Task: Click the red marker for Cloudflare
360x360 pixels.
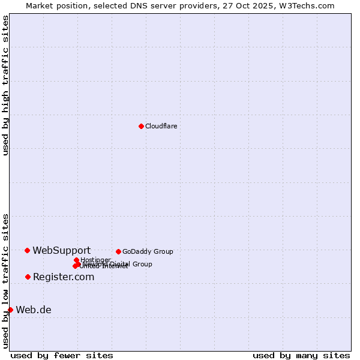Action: pos(141,126)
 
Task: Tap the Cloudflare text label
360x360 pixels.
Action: pos(161,126)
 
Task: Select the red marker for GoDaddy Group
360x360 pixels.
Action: pos(118,251)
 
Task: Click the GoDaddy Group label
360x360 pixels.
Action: pos(148,251)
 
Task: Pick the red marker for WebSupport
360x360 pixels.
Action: pos(28,250)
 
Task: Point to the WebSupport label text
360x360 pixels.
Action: pos(61,250)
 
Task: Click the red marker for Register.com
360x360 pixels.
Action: pos(28,277)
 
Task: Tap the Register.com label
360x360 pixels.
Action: pos(63,277)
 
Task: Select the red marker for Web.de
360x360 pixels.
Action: pos(11,310)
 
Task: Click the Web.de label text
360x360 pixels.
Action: pos(34,310)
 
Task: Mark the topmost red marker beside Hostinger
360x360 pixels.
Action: pos(76,260)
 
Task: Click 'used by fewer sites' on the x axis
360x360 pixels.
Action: pos(62,355)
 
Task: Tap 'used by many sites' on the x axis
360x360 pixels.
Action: pos(301,355)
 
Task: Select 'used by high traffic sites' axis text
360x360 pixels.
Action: pos(6,85)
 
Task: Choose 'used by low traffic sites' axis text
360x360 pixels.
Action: pos(6,281)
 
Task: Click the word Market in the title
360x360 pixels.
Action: pos(39,5)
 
